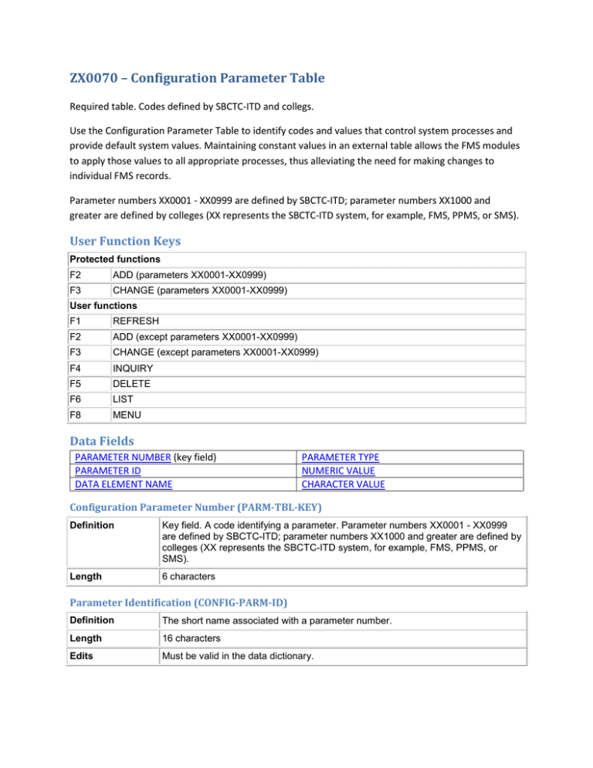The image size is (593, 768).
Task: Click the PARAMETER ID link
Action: click(x=106, y=471)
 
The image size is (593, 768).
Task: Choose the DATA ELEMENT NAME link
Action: click(x=124, y=484)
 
